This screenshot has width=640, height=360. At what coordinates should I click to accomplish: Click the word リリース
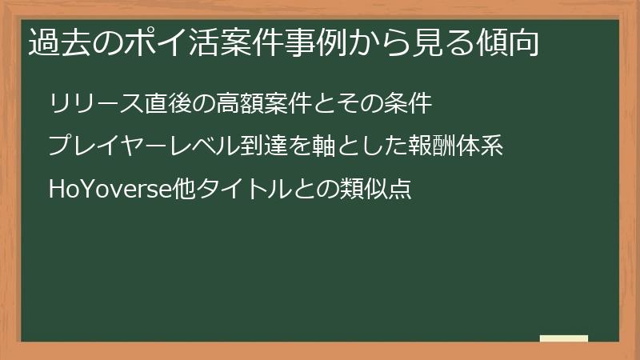click(97, 104)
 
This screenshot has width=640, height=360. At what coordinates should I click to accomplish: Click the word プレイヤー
click(108, 147)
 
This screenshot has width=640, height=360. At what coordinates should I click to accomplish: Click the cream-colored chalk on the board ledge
click(564, 339)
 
